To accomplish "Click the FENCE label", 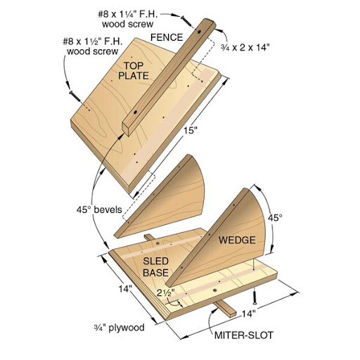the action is click(x=167, y=37).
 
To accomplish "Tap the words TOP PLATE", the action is click(x=134, y=71).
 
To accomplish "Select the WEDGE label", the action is click(x=237, y=240).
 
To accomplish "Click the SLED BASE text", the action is click(x=156, y=267).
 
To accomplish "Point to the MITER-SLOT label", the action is click(x=244, y=335).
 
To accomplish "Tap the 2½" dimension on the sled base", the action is click(x=166, y=292).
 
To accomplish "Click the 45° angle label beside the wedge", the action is click(x=275, y=218).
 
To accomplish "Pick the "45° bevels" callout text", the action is click(x=99, y=210).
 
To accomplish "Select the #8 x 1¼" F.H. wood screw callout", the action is click(x=128, y=19).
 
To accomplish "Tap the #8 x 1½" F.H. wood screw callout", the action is click(x=93, y=46).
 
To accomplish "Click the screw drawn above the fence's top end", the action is click(x=186, y=20).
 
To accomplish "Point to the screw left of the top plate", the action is click(x=75, y=96).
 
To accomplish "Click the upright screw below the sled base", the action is click(x=255, y=296).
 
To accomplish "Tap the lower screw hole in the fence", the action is click(x=135, y=112).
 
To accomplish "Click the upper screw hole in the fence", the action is click(x=199, y=32).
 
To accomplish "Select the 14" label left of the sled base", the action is click(x=124, y=289).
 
